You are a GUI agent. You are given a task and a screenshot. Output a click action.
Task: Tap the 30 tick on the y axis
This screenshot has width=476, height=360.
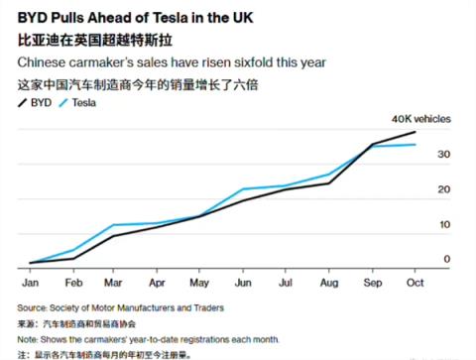pyautogui.click(x=445, y=156)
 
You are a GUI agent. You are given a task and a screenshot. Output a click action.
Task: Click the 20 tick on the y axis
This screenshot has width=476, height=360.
pyautogui.click(x=445, y=189)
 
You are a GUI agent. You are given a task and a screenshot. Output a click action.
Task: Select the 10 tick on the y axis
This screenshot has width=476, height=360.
pyautogui.click(x=445, y=224)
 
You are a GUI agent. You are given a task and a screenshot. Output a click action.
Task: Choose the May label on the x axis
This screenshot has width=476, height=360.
pyautogui.click(x=200, y=282)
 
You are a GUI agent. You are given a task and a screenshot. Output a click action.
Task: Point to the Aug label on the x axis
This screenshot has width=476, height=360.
pyautogui.click(x=328, y=282)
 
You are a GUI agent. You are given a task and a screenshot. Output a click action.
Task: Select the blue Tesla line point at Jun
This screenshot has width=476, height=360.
pyautogui.click(x=244, y=188)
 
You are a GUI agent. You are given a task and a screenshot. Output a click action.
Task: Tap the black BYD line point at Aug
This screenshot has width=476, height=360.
pyautogui.click(x=329, y=182)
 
